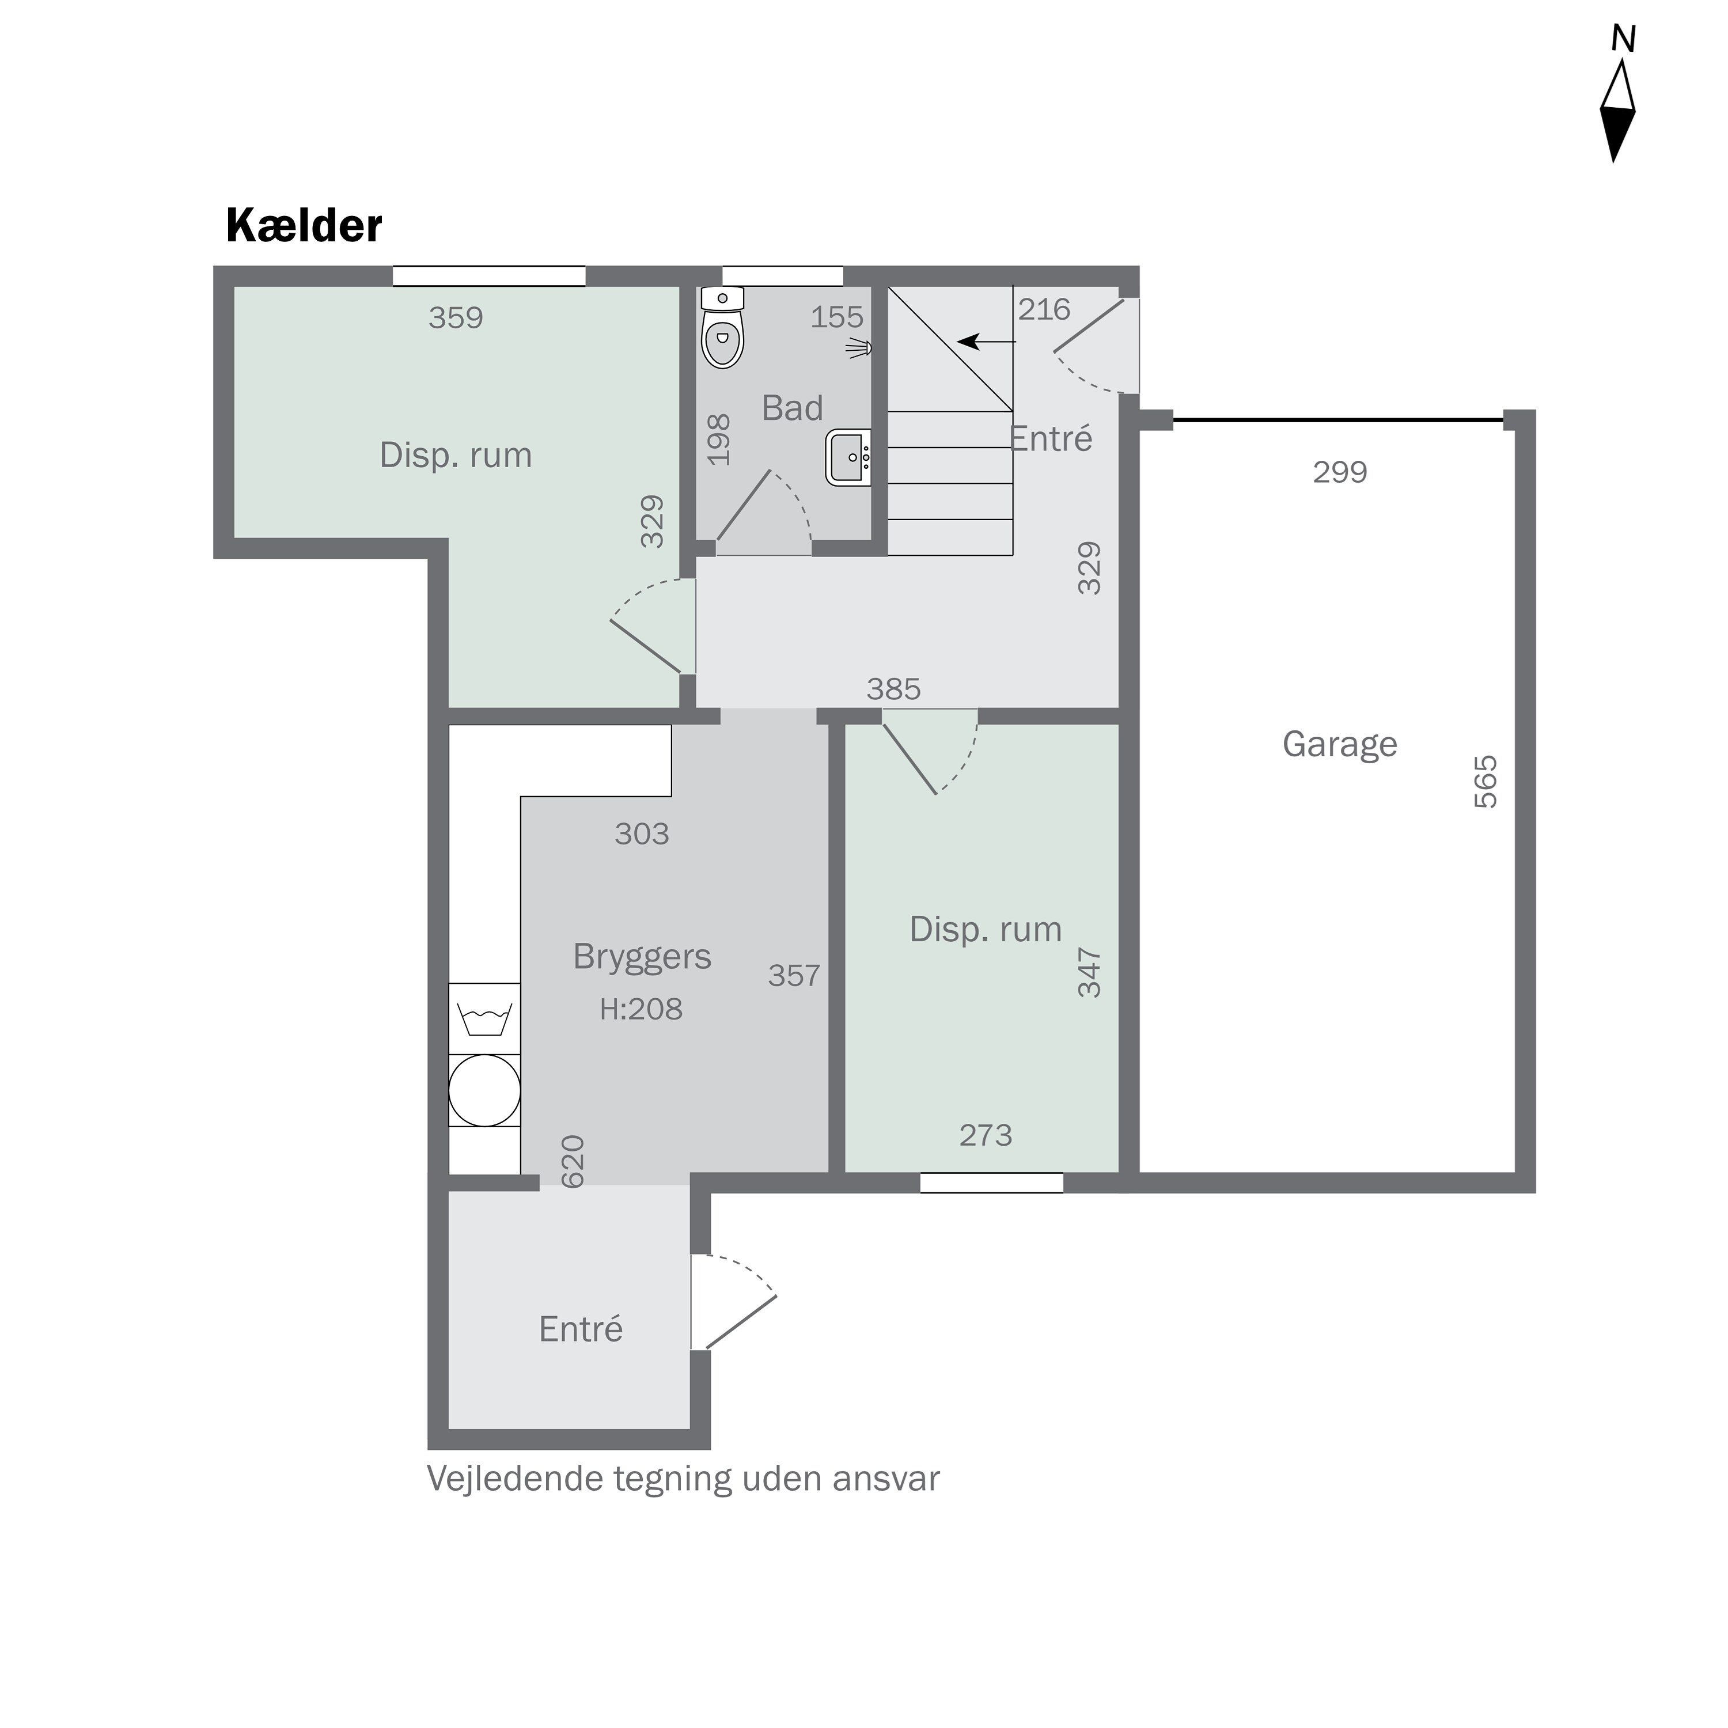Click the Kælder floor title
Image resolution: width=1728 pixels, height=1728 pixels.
click(x=304, y=226)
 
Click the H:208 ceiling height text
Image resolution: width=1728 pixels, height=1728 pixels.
click(x=641, y=1009)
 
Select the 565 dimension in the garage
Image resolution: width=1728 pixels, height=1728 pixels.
click(x=1485, y=782)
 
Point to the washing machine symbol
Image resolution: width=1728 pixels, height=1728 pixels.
click(x=484, y=1018)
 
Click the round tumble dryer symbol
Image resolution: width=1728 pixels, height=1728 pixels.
click(x=484, y=1089)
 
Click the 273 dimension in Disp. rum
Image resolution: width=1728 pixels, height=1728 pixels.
click(x=985, y=1135)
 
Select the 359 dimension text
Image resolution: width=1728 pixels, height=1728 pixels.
click(x=455, y=317)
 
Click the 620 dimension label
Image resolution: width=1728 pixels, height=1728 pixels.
click(x=573, y=1161)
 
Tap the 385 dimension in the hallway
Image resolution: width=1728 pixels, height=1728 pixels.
click(x=893, y=689)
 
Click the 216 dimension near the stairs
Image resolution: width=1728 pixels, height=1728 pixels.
click(x=1043, y=309)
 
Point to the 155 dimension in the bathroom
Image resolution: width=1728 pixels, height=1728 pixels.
click(x=836, y=317)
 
